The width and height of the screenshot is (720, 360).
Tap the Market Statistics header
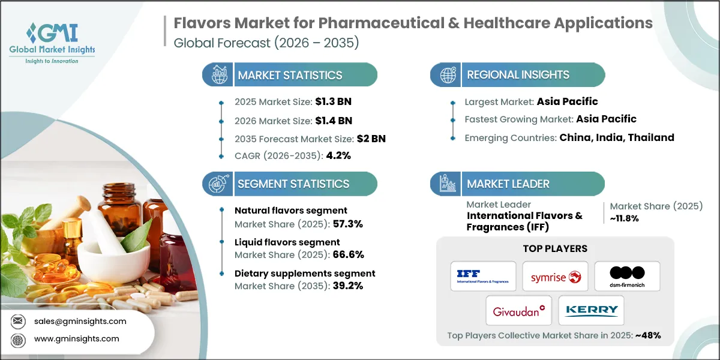pyautogui.click(x=290, y=75)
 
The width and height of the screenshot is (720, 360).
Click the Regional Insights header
pyautogui.click(x=518, y=75)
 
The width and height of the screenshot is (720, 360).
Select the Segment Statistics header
pyautogui.click(x=293, y=184)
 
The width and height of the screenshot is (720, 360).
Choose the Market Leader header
pyautogui.click(x=508, y=184)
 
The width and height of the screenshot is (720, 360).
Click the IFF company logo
pyautogui.click(x=483, y=276)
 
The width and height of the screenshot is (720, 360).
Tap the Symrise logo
pyautogui.click(x=555, y=276)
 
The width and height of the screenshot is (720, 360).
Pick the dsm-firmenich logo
pyautogui.click(x=627, y=276)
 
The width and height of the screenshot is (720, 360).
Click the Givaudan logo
pyautogui.click(x=519, y=310)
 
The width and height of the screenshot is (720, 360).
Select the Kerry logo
pyautogui.click(x=591, y=310)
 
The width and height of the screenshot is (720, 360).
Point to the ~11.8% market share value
pyautogui.click(x=623, y=218)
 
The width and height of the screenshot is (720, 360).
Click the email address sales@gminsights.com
pyautogui.click(x=80, y=321)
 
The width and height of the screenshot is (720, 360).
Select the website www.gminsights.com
pyautogui.click(x=76, y=339)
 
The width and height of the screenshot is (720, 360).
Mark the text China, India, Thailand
pyautogui.click(x=616, y=137)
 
